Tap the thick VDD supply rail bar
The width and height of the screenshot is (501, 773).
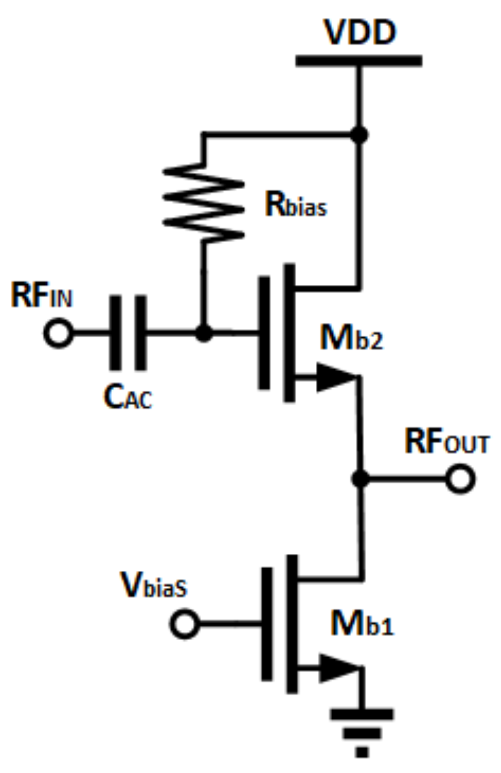pyautogui.click(x=358, y=61)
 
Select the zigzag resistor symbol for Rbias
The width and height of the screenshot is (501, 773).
pyautogui.click(x=204, y=202)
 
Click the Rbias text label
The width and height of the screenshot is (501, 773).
pyautogui.click(x=296, y=204)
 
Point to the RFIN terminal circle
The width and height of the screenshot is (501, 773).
pyautogui.click(x=58, y=333)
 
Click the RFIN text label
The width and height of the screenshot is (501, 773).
pyautogui.click(x=42, y=296)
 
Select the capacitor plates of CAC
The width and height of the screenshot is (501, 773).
pyautogui.click(x=128, y=332)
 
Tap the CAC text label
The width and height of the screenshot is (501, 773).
pyautogui.click(x=127, y=398)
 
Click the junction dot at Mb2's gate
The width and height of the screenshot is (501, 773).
pyautogui.click(x=204, y=332)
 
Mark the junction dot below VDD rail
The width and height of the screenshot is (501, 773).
pyautogui.click(x=359, y=134)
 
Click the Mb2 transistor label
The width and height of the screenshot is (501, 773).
pyautogui.click(x=351, y=338)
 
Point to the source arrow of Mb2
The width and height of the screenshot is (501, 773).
pyautogui.click(x=334, y=378)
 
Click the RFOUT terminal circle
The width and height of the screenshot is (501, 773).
pyautogui.click(x=461, y=479)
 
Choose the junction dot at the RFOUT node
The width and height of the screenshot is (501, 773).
pyautogui.click(x=359, y=479)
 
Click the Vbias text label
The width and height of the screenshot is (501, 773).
pyautogui.click(x=154, y=586)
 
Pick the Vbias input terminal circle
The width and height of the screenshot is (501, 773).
pyautogui.click(x=185, y=624)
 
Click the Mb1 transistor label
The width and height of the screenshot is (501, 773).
pyautogui.click(x=361, y=624)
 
